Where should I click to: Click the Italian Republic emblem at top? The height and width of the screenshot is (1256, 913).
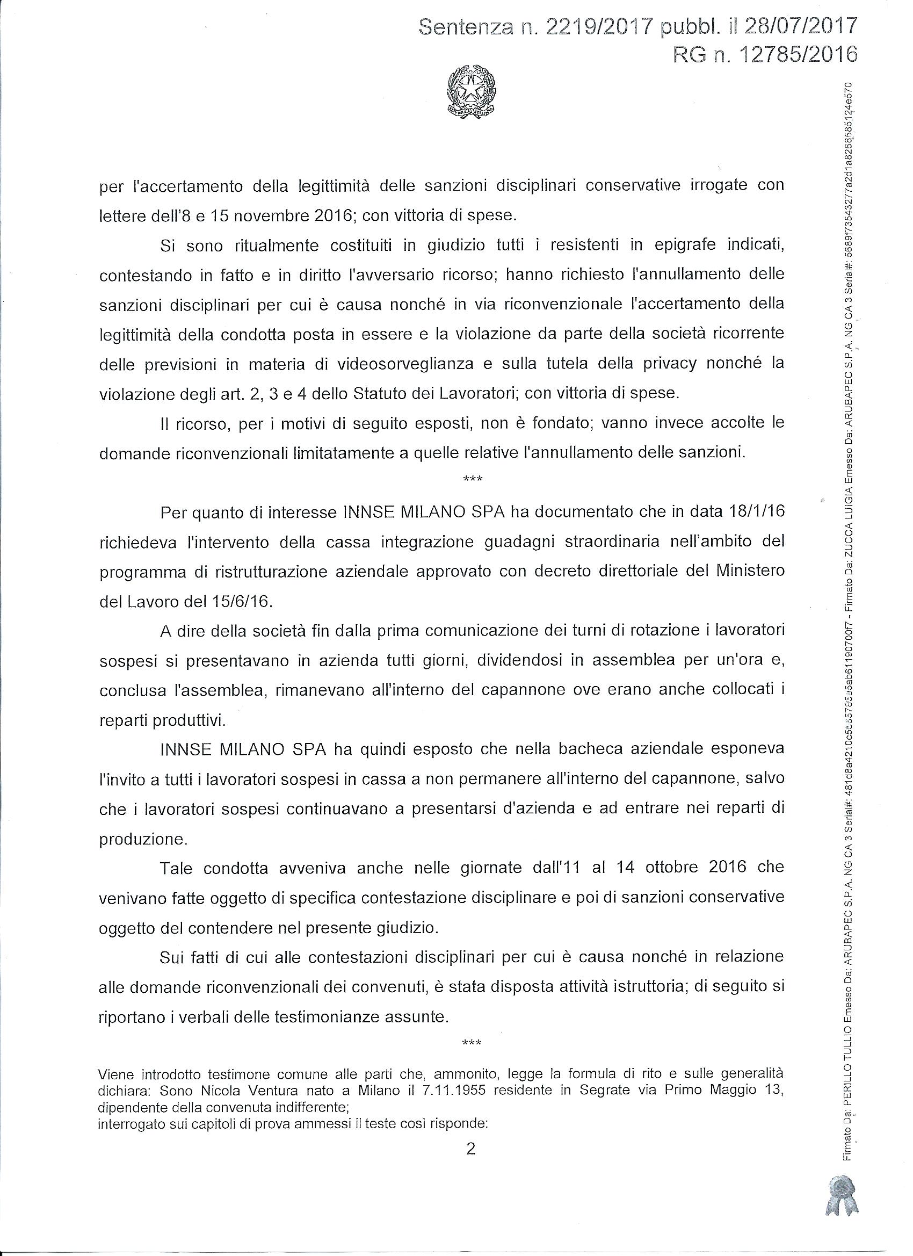472,91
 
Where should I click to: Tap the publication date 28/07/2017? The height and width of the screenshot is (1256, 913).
799,26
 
